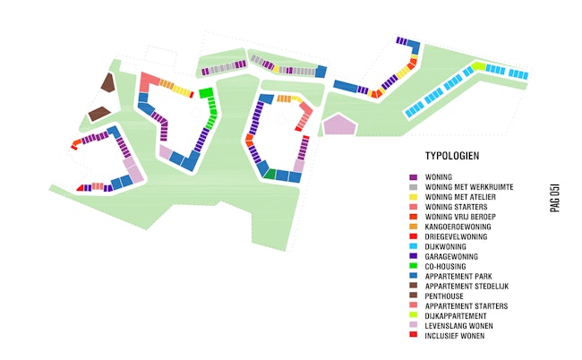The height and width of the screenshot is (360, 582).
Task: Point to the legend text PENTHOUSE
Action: coord(445,296)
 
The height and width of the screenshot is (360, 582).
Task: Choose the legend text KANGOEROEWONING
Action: coord(455,227)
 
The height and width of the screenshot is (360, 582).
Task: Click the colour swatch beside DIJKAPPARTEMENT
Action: coord(413,316)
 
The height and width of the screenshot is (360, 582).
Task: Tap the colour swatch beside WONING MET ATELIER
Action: coord(413,197)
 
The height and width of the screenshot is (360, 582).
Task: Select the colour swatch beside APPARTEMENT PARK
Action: coord(413,276)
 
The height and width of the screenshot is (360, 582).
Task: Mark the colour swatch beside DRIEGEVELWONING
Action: coord(413,236)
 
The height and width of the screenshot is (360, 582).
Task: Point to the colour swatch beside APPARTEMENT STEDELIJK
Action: coord(413,286)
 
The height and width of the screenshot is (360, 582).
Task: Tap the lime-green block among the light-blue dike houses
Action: coord(479,66)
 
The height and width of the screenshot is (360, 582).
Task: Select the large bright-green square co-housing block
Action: coord(206,92)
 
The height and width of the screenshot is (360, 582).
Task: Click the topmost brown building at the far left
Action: coord(108,82)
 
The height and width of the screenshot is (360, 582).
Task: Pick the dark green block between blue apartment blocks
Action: coord(270,175)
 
